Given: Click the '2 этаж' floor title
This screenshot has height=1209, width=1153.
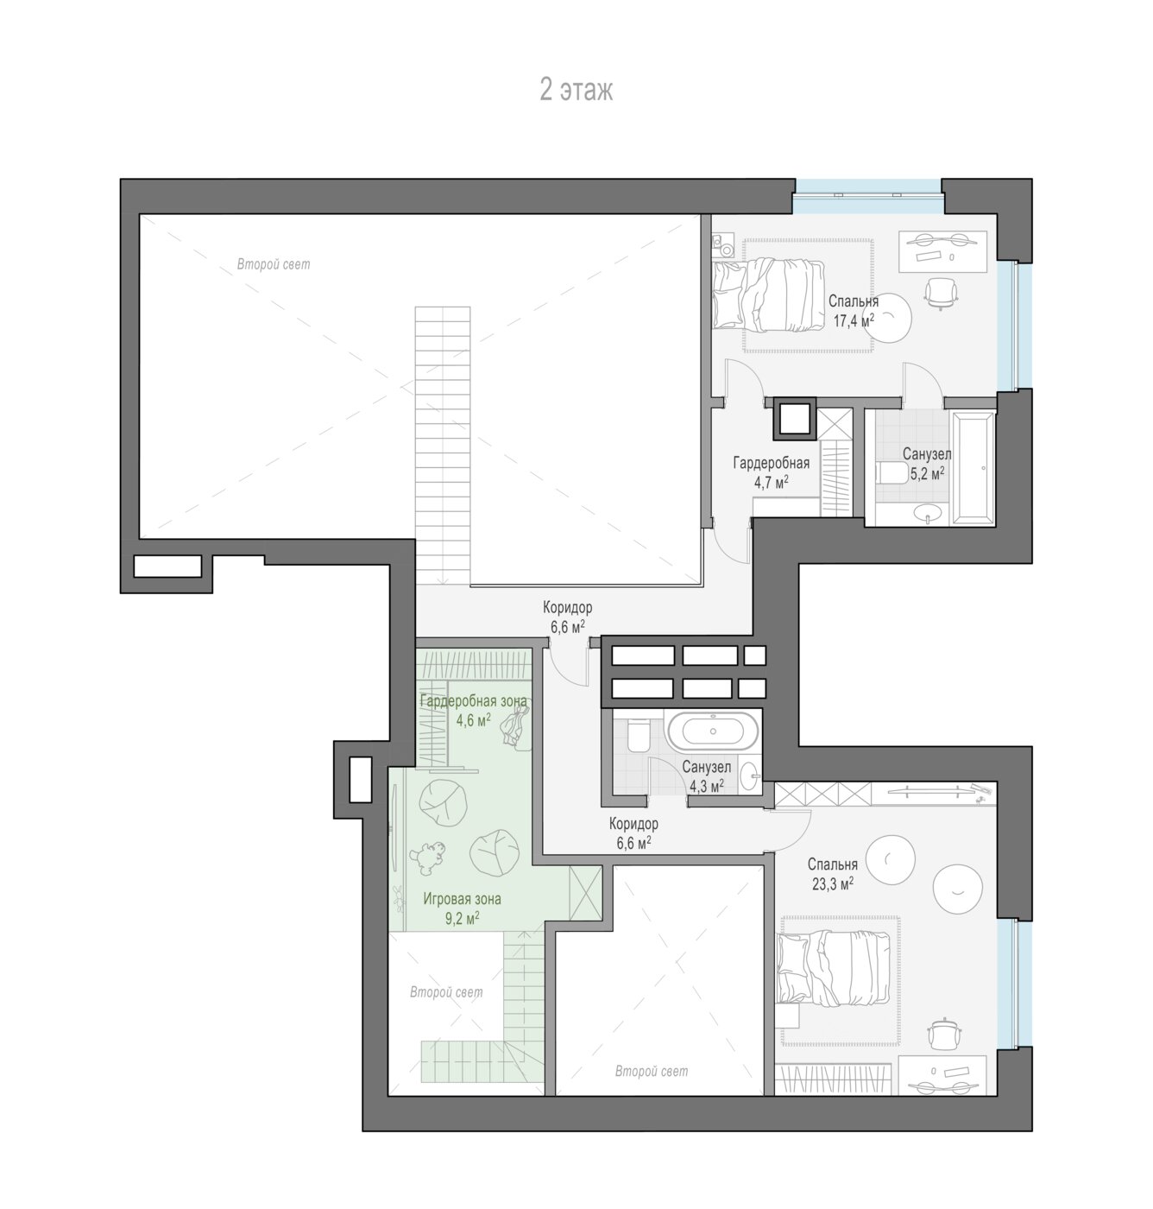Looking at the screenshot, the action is click(x=576, y=90).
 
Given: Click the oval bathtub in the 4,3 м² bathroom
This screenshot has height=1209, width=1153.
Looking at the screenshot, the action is click(x=713, y=731).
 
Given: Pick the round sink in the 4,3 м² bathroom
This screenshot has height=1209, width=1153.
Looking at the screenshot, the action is click(x=749, y=776).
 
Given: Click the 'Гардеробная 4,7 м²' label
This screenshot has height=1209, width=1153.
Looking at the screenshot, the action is click(x=772, y=472).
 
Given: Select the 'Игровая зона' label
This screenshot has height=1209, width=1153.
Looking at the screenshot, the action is click(x=462, y=898).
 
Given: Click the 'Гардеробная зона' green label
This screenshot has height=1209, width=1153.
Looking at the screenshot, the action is click(x=473, y=701).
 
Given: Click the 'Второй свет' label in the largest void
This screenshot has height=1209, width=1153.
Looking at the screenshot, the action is click(x=274, y=264).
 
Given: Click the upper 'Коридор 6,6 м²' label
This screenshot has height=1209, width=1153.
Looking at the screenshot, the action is click(x=567, y=617).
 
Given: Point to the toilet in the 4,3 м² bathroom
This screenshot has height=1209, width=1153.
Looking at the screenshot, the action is click(x=635, y=736).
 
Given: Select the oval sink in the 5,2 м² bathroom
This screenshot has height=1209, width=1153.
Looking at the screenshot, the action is click(x=929, y=511).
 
